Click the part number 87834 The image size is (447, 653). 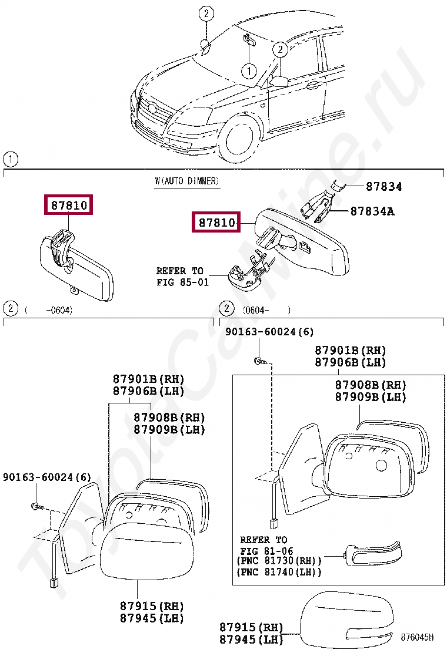[383, 187]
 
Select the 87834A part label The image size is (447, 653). [372, 211]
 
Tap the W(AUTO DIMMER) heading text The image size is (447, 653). [187, 181]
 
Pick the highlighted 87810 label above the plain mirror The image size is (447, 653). [69, 206]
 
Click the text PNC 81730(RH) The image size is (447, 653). [279, 561]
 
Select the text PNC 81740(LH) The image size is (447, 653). [279, 572]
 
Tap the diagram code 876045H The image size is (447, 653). [417, 637]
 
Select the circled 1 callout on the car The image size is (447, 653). [249, 71]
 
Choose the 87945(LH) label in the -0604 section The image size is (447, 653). [152, 618]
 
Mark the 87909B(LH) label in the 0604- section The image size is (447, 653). [371, 397]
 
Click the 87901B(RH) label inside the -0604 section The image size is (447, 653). [148, 378]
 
